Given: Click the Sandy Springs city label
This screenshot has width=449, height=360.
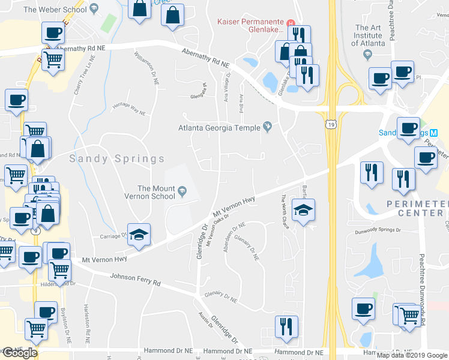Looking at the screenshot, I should point(116,159).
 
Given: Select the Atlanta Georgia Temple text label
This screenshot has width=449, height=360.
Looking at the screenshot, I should point(219,127).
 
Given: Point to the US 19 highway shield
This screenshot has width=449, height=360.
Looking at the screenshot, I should point(331,124).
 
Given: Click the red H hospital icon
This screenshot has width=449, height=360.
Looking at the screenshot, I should point(291,23).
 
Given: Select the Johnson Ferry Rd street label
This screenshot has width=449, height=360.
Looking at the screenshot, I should point(136,279).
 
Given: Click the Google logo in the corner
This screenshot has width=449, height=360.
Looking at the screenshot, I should point(19,353).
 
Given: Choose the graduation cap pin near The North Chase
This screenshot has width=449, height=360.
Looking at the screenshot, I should point(303,211).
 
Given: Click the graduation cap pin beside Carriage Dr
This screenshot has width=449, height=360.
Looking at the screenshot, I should point(139,235).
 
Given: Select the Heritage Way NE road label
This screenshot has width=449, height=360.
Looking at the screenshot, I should point(130,109).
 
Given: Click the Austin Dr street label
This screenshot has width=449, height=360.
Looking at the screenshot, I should point(205,320).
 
